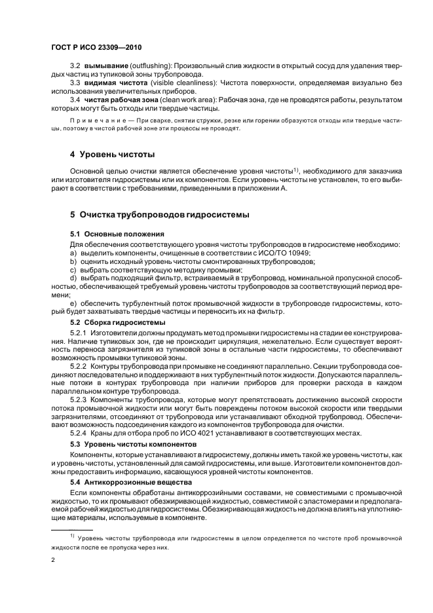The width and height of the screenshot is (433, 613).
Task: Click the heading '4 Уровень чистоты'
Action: point(112,155)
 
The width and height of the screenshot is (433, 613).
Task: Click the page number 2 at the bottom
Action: point(52,561)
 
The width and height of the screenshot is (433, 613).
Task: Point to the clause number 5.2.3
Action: point(78,399)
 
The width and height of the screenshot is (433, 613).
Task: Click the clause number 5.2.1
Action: point(78,333)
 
